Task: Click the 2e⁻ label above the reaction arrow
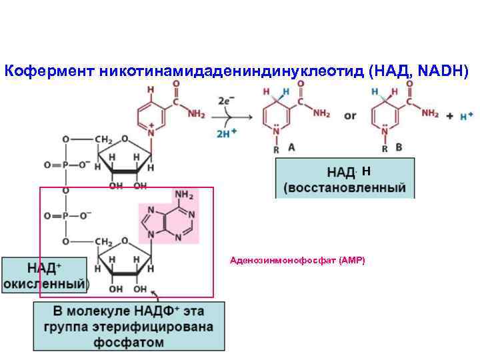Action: pos(227,101)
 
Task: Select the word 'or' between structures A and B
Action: pos(349,116)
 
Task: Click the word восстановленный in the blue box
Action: pos(345,187)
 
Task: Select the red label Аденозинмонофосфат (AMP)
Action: pos(297,260)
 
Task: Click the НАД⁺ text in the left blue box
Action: pos(44,268)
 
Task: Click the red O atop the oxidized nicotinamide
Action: pos(176,85)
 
